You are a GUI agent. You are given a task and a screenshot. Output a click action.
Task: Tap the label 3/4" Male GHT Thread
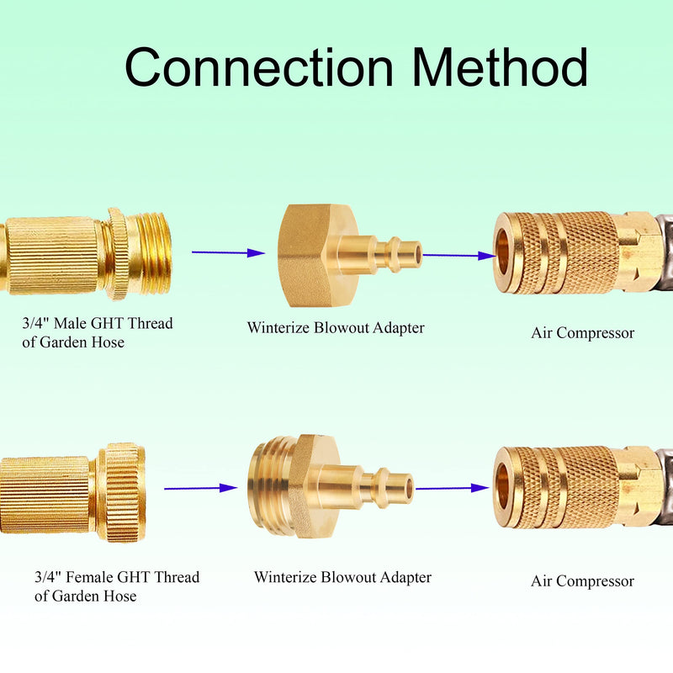(x=98, y=323)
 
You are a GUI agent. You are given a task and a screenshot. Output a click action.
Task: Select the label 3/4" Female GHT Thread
(x=117, y=577)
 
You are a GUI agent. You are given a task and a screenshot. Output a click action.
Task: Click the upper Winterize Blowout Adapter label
(x=336, y=328)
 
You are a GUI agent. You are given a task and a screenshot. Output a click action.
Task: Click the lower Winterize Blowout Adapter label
(x=342, y=577)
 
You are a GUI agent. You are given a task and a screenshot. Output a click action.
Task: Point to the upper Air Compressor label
(x=582, y=333)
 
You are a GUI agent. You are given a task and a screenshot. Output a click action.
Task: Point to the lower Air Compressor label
(x=582, y=581)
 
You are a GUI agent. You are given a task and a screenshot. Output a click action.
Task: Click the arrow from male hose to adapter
(x=228, y=253)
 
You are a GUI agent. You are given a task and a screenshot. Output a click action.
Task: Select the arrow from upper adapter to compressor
(x=459, y=256)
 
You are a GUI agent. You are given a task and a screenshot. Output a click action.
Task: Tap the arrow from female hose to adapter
(x=201, y=488)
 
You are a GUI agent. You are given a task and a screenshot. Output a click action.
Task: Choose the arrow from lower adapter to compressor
(x=453, y=488)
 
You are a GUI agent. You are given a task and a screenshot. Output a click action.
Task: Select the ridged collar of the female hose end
(x=121, y=492)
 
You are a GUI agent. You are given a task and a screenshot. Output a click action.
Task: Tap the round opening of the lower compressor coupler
(x=503, y=488)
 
